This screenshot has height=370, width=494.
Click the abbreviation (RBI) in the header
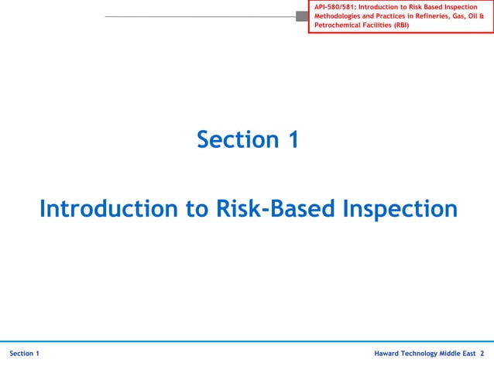pos(401,26)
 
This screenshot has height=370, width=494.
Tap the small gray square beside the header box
pos(302,16)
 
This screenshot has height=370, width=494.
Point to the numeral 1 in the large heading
pos(292,140)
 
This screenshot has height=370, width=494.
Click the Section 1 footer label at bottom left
pos(25,354)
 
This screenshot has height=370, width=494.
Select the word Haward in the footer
pos(387,354)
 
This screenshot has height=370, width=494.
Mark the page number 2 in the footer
pos(482,354)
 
